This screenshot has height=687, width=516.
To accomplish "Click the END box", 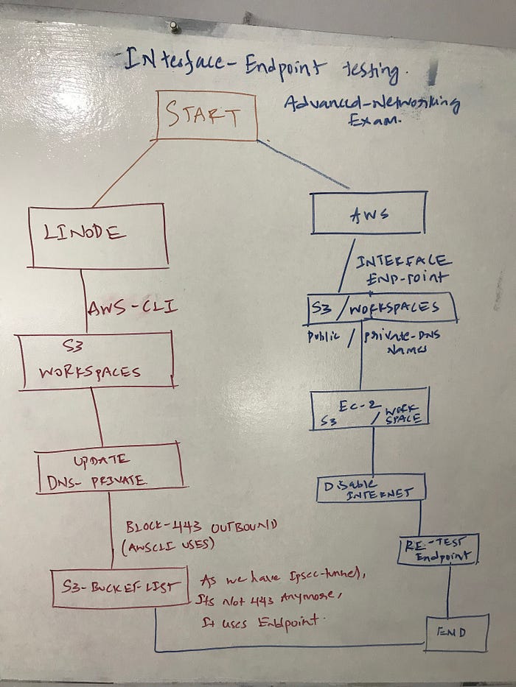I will (x=453, y=632).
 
